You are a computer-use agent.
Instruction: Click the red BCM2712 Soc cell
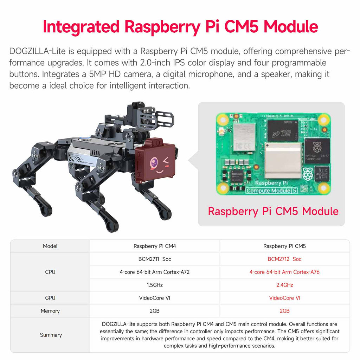[x=284, y=259]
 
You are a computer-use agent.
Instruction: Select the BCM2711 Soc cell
[x=155, y=259]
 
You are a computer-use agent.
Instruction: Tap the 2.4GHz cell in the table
[x=284, y=285]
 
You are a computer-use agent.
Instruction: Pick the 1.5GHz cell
[x=155, y=285]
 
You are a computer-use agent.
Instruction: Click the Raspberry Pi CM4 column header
[x=155, y=246]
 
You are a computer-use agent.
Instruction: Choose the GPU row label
[x=50, y=298]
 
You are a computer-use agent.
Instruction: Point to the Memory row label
[x=50, y=311]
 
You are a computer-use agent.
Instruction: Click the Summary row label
[x=51, y=335]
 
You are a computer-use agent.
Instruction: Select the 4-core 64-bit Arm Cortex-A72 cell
[x=155, y=272]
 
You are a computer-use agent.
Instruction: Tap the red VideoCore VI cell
[x=284, y=298]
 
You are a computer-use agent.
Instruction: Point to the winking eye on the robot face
[x=165, y=159]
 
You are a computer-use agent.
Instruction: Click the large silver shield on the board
[x=283, y=160]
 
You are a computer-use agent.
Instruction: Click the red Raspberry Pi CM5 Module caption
[x=273, y=211]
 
